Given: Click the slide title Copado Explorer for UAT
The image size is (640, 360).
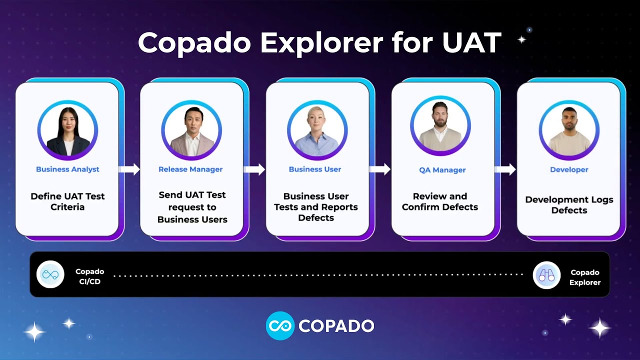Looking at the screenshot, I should coord(319,43).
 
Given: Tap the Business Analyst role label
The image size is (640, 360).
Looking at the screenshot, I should coord(67,169).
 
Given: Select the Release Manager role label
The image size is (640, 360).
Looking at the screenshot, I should coord(190,169).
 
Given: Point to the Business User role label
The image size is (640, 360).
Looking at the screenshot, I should coord(315,169).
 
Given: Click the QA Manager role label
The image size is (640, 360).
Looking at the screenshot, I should coord(442,170).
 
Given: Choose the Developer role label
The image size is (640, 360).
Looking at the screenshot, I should coord(569,170).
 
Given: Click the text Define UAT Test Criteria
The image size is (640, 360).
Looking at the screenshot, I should coord(67,201).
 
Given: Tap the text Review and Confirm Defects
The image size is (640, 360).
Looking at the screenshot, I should coord(440,201).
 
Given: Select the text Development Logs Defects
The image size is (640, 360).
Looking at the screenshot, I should coord(569,205).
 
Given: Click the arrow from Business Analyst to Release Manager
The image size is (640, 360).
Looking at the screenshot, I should coord(129,169).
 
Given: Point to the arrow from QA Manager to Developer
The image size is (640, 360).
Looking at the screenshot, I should coord(505,169).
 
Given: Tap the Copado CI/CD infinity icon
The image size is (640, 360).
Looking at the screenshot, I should coord(50,274).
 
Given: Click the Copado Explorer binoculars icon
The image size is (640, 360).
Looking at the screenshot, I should coord(546,275).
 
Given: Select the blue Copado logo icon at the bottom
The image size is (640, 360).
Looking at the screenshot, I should coord(279,326).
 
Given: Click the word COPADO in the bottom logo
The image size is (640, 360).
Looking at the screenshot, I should coord(336,326).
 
